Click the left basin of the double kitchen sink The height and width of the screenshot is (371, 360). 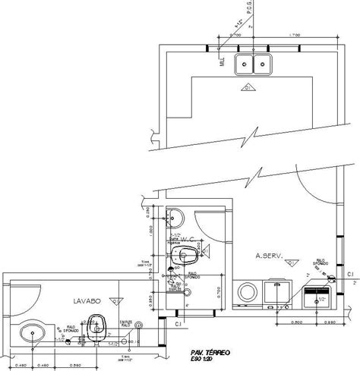(x=245, y=64)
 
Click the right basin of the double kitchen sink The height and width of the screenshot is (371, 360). (x=261, y=64)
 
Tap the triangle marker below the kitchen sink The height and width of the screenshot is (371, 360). (x=249, y=89)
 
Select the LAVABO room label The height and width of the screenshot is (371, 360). (x=88, y=301)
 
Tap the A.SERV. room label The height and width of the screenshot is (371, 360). (x=269, y=256)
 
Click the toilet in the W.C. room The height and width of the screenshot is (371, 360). (x=182, y=255)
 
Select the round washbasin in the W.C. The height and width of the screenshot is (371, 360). (x=174, y=218)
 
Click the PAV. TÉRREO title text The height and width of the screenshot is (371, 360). (x=217, y=353)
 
